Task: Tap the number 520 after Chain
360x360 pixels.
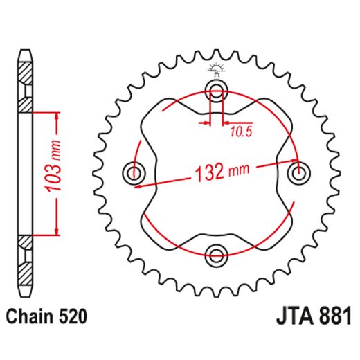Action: [72, 318]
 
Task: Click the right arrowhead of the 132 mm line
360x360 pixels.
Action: [297, 160]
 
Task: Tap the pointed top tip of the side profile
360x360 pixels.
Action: [26, 51]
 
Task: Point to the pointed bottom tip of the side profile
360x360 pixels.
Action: [26, 294]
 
